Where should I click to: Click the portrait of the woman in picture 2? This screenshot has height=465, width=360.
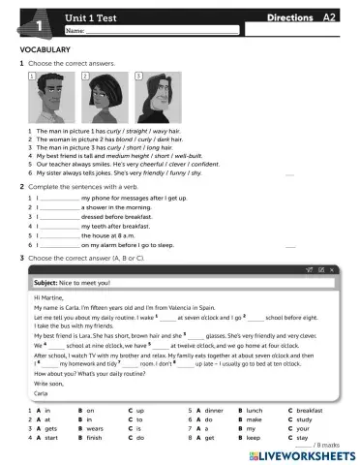click(101, 98)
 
